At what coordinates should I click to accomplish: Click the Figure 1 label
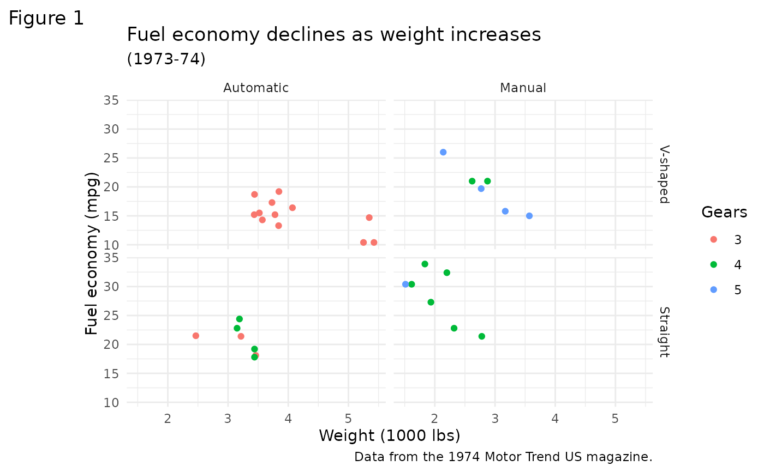click(46, 19)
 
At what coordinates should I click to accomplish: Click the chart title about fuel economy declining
click(333, 35)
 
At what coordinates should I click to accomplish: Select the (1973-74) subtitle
click(166, 59)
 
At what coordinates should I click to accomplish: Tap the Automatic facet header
click(256, 88)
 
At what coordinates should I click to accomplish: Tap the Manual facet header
click(523, 88)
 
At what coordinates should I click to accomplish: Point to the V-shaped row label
click(664, 174)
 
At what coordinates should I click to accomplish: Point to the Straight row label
click(664, 331)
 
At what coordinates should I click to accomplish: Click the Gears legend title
click(724, 213)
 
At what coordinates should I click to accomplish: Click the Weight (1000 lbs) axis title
click(389, 436)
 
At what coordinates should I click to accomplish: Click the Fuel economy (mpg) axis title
click(92, 253)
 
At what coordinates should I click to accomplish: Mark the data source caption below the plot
click(503, 457)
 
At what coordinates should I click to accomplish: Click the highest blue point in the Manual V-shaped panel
click(443, 152)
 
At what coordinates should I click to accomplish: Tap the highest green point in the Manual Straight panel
click(425, 264)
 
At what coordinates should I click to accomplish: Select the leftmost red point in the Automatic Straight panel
click(195, 336)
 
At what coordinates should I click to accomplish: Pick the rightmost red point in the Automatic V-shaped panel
click(374, 243)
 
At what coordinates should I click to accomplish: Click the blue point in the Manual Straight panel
click(405, 284)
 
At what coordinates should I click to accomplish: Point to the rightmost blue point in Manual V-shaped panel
click(529, 216)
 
